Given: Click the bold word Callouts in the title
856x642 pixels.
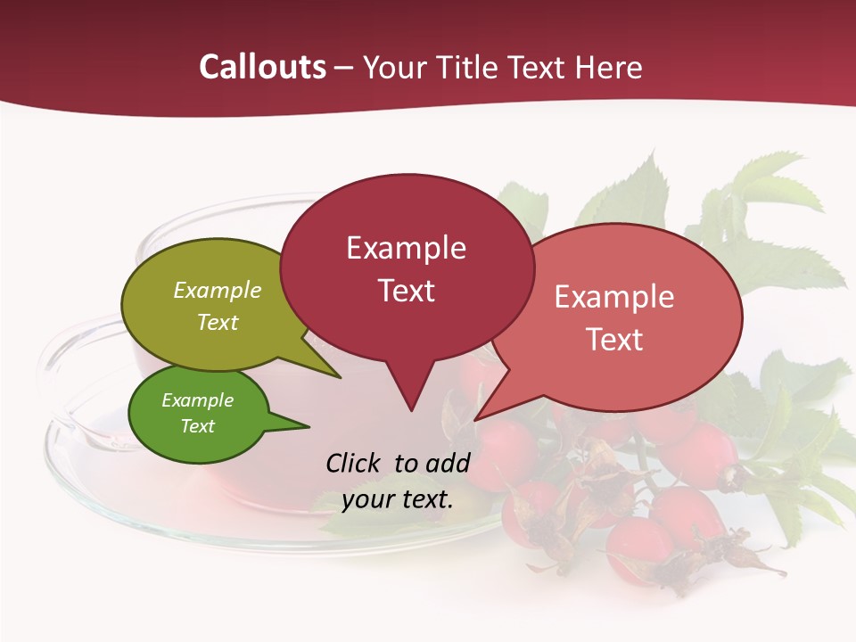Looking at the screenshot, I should click(x=262, y=67).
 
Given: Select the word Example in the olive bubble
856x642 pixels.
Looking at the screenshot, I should click(x=218, y=290).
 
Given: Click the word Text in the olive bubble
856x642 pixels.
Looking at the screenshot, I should click(x=218, y=322).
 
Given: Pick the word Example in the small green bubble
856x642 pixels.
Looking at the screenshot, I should click(x=197, y=400).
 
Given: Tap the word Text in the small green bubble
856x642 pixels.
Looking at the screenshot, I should click(x=197, y=425).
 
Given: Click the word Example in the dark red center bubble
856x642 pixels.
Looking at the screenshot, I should click(x=406, y=247).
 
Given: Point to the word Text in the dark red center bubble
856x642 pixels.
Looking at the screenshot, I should click(x=406, y=290).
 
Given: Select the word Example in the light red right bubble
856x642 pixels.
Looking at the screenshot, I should click(x=614, y=296).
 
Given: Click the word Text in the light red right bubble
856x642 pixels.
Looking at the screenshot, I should click(x=614, y=339).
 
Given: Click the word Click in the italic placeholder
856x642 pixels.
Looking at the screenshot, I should click(x=354, y=463).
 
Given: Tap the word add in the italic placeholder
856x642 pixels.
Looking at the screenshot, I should click(x=447, y=463).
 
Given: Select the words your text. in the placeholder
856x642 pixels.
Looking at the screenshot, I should click(x=398, y=498).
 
